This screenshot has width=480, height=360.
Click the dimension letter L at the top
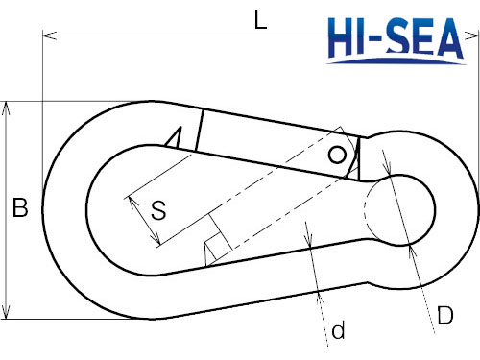point(260,19)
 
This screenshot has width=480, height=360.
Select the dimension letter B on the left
point(19,206)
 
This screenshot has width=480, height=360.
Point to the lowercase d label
point(337,331)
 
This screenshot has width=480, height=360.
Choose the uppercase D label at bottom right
point(444,315)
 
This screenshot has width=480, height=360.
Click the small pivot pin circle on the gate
point(337,155)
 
